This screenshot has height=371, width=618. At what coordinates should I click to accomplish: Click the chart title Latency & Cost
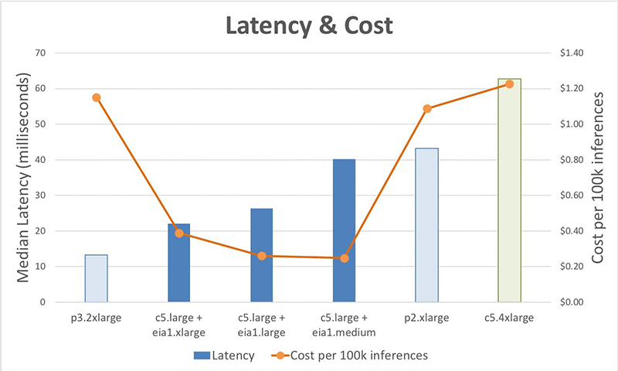click(x=309, y=25)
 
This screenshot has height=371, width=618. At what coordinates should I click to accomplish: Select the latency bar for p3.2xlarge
click(x=96, y=278)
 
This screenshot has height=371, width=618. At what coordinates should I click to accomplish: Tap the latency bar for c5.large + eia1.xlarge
click(x=178, y=263)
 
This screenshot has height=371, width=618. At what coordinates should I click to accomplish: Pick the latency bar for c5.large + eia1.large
click(x=261, y=255)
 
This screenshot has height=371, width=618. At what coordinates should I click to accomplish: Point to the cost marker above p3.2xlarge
click(x=97, y=97)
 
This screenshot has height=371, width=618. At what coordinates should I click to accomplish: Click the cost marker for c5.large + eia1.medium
click(x=345, y=258)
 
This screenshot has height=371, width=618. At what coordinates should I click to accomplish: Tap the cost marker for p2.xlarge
click(x=427, y=108)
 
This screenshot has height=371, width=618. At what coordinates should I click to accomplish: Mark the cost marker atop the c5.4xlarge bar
click(x=509, y=83)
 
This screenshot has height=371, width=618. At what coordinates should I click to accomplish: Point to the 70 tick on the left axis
click(x=42, y=53)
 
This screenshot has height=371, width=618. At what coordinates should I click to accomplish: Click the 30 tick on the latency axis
click(x=42, y=196)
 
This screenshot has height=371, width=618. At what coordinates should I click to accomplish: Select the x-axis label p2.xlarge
click(x=426, y=318)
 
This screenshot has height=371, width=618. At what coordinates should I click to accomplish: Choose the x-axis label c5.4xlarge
click(x=509, y=318)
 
